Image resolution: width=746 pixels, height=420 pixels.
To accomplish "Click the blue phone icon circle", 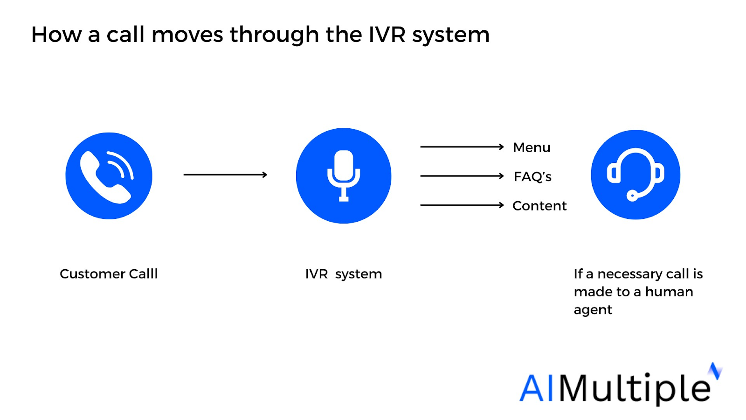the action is [109, 176].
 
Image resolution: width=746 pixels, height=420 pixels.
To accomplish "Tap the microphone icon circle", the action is [344, 175].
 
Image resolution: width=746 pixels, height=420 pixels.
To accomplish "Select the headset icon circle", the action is [636, 175].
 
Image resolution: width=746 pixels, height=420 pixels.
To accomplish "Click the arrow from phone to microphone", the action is [226, 175].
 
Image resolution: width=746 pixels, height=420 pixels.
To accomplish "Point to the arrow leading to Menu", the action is [462, 147].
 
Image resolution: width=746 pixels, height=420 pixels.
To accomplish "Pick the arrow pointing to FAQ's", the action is [462, 175].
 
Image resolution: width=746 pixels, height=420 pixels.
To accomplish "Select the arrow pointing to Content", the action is [462, 205].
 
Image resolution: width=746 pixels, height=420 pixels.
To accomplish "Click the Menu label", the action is [532, 147].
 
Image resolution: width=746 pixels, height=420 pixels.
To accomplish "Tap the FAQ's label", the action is [532, 177].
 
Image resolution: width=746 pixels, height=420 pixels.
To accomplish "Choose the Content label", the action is [539, 206].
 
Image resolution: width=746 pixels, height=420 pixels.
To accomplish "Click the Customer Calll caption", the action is [109, 274].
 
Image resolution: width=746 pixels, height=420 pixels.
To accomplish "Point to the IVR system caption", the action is [344, 274].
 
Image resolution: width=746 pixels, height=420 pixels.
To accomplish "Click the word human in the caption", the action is [669, 292].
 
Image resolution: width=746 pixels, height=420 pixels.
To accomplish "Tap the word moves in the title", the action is [187, 35].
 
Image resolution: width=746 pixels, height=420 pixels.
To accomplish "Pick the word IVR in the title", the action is [387, 35].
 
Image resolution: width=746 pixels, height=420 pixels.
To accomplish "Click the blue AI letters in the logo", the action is [536, 388].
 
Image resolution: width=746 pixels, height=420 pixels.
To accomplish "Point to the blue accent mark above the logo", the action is [715, 371].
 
